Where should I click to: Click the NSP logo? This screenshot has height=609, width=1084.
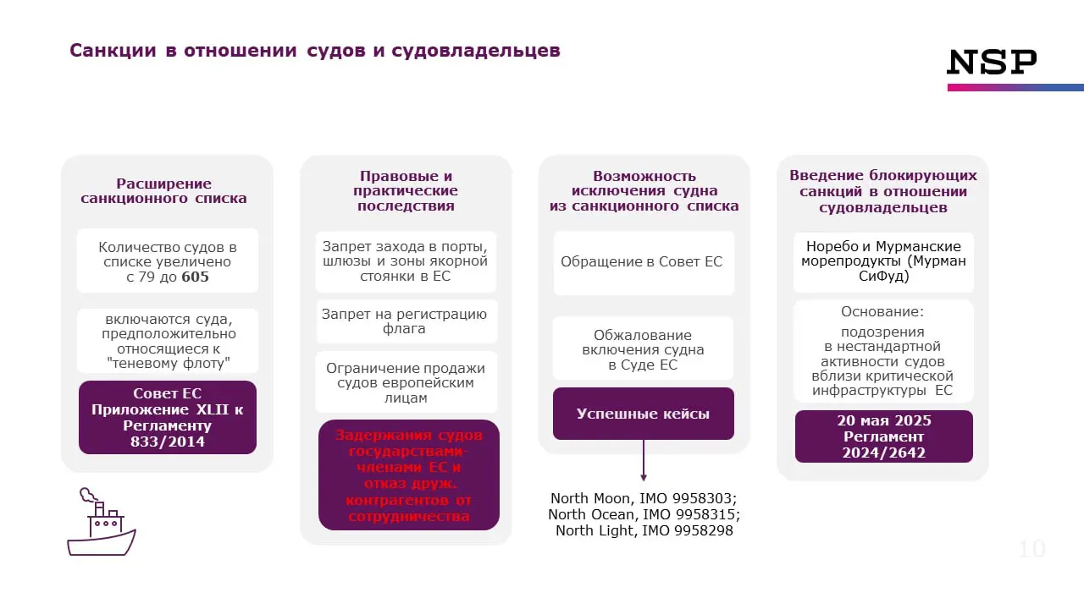tap(992, 63)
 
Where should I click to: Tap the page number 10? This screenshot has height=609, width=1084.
tap(1031, 549)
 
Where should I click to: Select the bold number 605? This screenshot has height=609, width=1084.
tap(195, 277)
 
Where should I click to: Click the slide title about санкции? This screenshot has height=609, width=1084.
tap(314, 51)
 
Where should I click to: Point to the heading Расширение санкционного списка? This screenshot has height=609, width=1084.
tap(164, 191)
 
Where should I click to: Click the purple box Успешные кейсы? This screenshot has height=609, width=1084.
tap(643, 414)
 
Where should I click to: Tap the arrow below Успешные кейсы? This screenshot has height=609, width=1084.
tap(643, 461)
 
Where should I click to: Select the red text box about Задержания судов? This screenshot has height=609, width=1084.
tap(408, 475)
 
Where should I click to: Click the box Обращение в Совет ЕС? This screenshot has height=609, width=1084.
tap(643, 262)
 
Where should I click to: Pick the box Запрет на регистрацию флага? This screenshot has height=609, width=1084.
tap(405, 321)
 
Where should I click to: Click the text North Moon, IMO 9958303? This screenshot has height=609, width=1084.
tap(644, 498)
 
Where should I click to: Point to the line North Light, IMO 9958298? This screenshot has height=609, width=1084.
tap(644, 531)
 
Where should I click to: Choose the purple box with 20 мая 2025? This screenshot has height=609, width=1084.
tap(883, 436)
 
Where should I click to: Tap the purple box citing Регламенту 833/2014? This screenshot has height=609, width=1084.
tap(168, 418)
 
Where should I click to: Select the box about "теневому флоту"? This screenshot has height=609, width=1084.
tap(168, 341)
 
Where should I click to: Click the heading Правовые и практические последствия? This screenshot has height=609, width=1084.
tap(406, 191)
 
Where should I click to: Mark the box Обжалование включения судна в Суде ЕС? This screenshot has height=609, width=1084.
tap(643, 349)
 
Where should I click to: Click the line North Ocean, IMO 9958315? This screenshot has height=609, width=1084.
tap(644, 514)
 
